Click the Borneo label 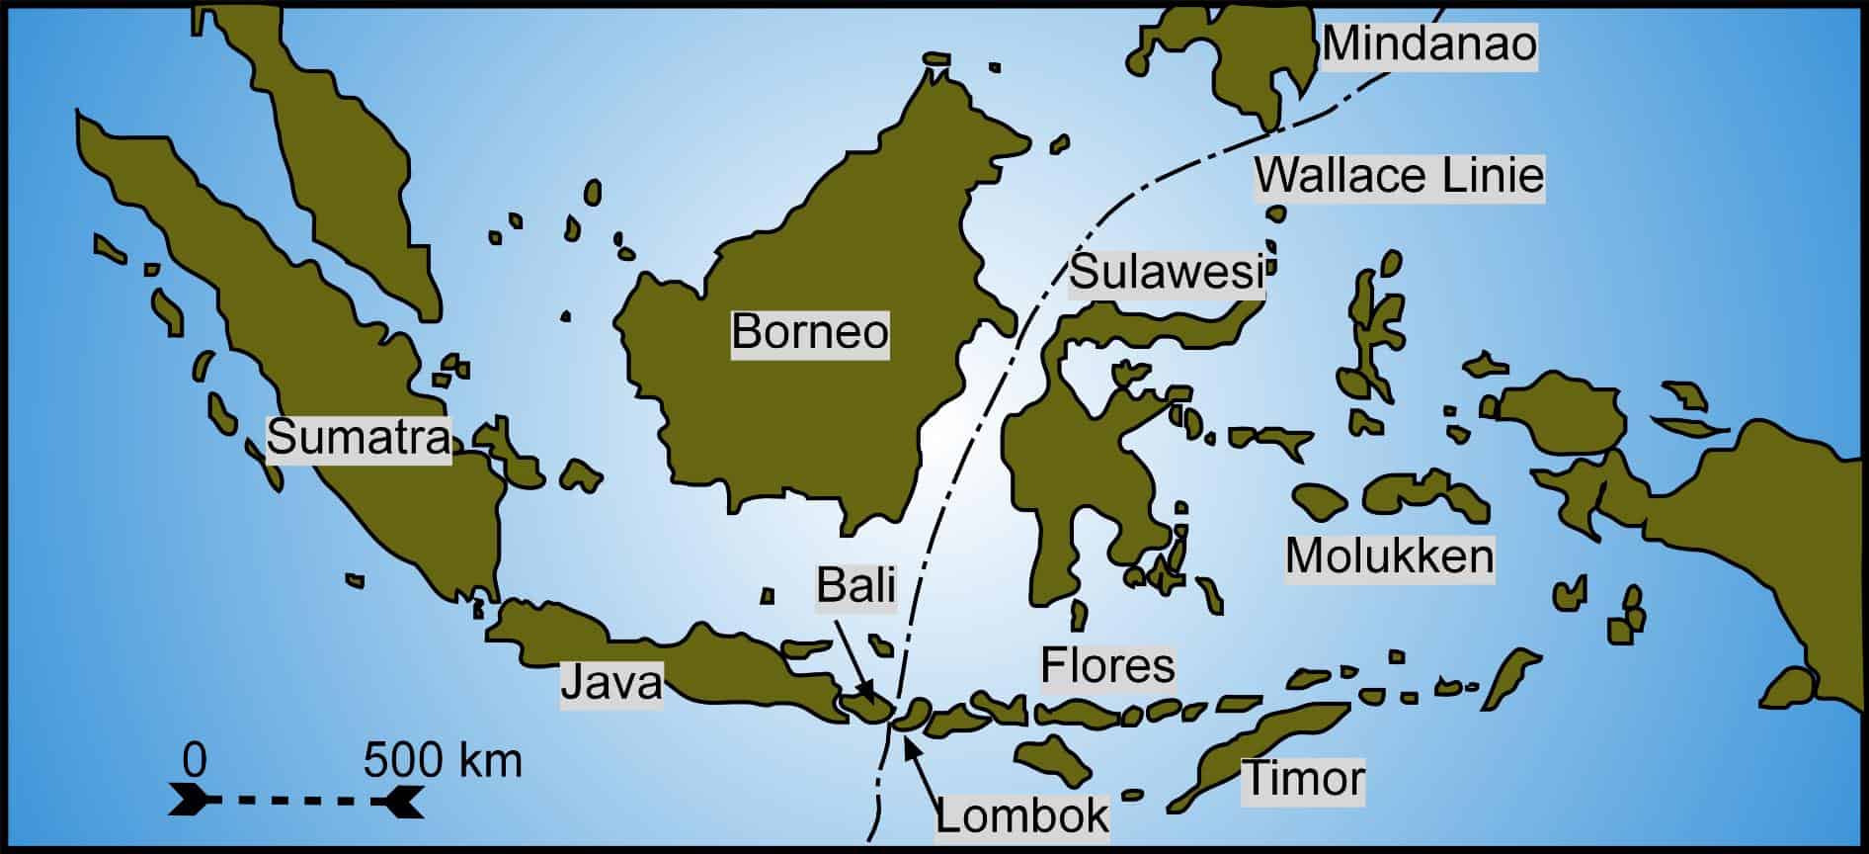click(x=810, y=332)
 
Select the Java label click(x=611, y=682)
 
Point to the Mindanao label click(x=1429, y=44)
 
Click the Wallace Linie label click(x=1399, y=177)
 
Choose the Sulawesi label click(x=1167, y=272)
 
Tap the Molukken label click(x=1389, y=557)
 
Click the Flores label click(x=1107, y=665)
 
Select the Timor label click(x=1303, y=779)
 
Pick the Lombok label click(x=1022, y=816)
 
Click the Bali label click(x=855, y=586)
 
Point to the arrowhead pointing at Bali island click(x=865, y=693)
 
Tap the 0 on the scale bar click(x=195, y=761)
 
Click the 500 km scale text click(x=443, y=761)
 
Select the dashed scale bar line click(x=296, y=799)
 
